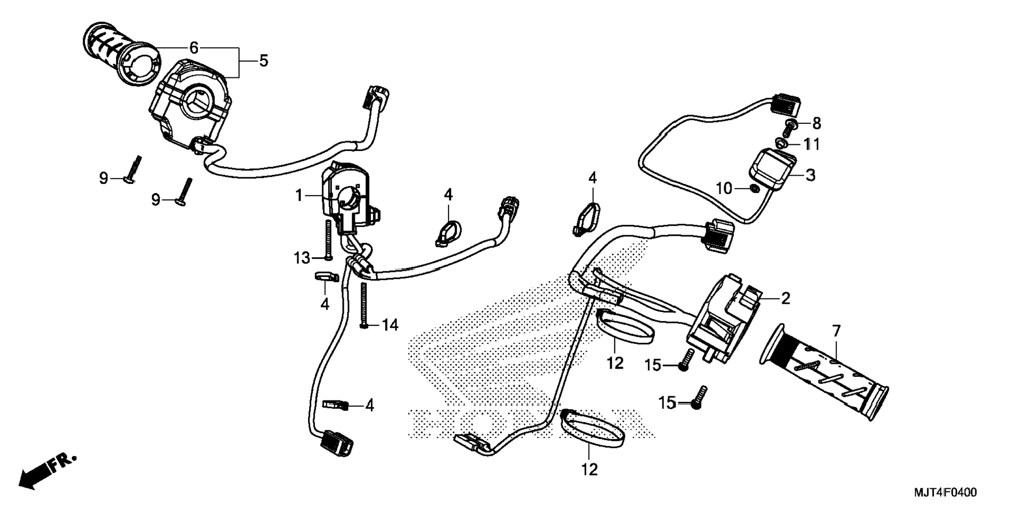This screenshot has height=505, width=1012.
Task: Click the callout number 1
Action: [299, 196]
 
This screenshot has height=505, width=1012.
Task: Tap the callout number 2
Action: [785, 299]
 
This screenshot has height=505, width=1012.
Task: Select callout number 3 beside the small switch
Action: [810, 175]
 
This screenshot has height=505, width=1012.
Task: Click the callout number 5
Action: [264, 61]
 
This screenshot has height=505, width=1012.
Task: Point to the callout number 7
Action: [836, 331]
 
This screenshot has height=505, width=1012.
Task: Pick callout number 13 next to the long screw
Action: [301, 258]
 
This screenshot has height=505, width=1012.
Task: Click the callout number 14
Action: [390, 325]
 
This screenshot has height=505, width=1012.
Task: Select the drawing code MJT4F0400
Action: [945, 492]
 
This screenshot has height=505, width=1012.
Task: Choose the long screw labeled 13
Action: [328, 239]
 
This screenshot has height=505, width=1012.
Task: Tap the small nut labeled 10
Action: [754, 188]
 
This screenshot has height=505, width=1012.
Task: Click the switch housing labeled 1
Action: [343, 196]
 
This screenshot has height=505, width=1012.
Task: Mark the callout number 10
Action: [724, 188]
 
